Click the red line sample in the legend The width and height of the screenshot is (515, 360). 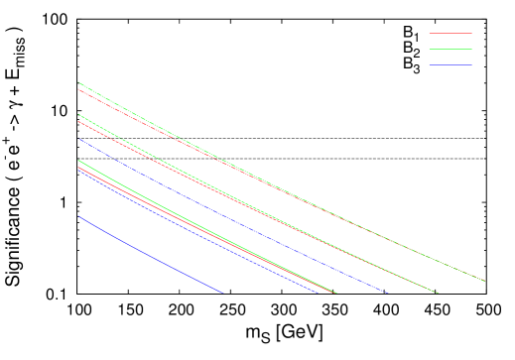451,33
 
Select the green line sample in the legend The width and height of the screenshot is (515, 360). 451,49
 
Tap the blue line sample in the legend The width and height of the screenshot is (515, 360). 451,64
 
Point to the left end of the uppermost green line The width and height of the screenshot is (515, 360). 78,82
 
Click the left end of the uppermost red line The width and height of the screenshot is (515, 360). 78,89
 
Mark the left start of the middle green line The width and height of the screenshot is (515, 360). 78,115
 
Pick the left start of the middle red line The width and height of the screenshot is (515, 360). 78,121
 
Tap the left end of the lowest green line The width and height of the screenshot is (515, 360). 78,160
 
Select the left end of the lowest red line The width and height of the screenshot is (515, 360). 78,167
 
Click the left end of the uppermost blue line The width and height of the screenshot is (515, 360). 78,140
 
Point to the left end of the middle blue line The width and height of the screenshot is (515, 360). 78,171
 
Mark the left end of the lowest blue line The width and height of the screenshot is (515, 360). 78,216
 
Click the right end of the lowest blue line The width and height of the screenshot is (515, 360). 221,293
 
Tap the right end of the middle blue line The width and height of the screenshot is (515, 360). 318,293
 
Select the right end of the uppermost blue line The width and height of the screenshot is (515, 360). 387,293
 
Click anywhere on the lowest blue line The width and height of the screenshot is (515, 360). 149,254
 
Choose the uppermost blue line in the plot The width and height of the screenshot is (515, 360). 228,213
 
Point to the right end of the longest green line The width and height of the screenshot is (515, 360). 485,282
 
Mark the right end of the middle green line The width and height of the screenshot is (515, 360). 439,293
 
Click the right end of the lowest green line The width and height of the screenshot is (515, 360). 337,293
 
